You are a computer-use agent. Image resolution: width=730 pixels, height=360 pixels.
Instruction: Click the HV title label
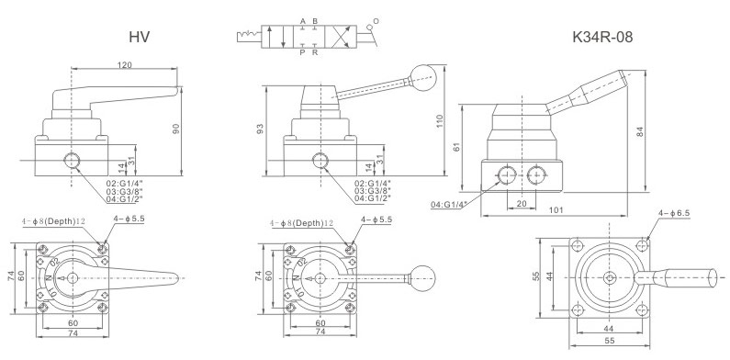(x=140, y=37)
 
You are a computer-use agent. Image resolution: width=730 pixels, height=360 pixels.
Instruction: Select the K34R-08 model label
(x=602, y=37)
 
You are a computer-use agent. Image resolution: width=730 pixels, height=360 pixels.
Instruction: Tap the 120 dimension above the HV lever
(x=124, y=65)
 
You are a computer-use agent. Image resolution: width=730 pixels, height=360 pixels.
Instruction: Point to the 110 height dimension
(x=440, y=120)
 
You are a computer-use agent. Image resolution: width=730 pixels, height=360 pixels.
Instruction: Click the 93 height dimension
(x=260, y=129)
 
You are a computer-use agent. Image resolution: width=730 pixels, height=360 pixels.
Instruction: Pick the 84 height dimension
(x=640, y=132)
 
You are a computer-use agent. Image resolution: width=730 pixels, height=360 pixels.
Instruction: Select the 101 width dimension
(x=556, y=210)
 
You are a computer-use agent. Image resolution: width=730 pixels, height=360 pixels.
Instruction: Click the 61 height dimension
(x=456, y=146)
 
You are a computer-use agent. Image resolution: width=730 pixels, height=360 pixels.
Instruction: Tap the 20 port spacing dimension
(x=521, y=204)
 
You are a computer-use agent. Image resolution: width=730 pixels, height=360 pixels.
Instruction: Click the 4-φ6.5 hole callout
(x=674, y=213)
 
